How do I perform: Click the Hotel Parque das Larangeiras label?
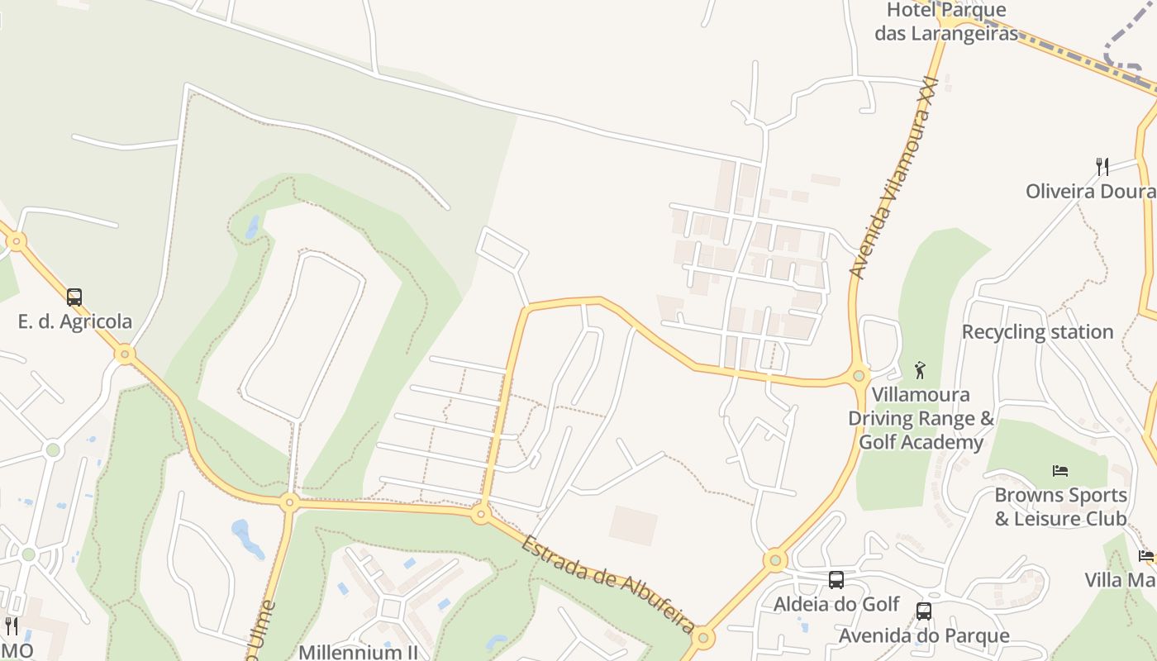(x=946, y=21)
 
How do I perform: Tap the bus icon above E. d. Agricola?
(x=74, y=297)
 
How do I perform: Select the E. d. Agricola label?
(x=75, y=321)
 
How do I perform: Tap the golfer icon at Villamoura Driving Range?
(x=920, y=370)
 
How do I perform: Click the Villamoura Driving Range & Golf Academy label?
(x=921, y=418)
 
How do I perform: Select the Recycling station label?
(x=1037, y=332)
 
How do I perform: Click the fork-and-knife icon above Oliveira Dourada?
(x=1102, y=167)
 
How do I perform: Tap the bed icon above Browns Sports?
(x=1060, y=471)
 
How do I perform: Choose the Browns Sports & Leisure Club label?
(x=1060, y=506)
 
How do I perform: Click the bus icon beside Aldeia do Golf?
(x=836, y=580)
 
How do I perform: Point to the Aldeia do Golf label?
(x=836, y=604)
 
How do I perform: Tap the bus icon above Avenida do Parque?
(x=924, y=611)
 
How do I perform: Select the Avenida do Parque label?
(x=924, y=635)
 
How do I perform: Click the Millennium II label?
(x=359, y=651)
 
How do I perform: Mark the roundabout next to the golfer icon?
(x=859, y=376)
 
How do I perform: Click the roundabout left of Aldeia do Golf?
(x=775, y=561)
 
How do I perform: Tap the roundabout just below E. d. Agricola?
(x=125, y=354)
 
